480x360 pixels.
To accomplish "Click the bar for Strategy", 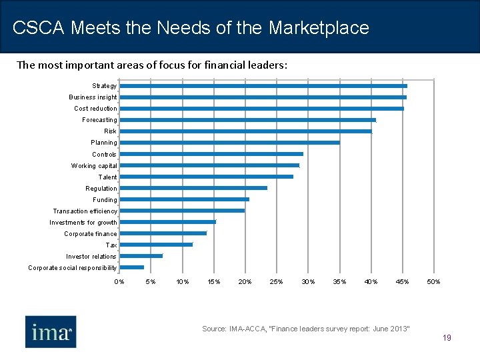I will pos(263,86).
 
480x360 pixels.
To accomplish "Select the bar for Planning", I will pos(230,143).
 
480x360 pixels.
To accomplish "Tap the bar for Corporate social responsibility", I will pos(132,267).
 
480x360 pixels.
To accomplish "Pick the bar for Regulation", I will pos(193,188).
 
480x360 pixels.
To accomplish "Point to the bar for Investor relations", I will pos(141,256).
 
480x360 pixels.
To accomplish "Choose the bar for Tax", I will pos(156,245).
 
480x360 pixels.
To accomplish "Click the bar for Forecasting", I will pos(248,120).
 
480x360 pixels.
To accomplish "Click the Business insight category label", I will pos(93,97).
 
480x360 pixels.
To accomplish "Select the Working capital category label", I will pos(94,166).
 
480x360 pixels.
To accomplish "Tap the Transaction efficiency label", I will pos(85,211).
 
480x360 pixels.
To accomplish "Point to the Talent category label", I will pos(107,177).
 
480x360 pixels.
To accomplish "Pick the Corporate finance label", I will pos(90,234).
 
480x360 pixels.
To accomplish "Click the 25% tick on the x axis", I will pos(276,282).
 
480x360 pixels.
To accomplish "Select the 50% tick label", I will pos(433,282).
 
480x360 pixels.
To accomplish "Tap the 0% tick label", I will pos(119,282).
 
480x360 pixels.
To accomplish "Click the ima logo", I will pos(51,331).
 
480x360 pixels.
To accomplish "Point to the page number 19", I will pos(447,338).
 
